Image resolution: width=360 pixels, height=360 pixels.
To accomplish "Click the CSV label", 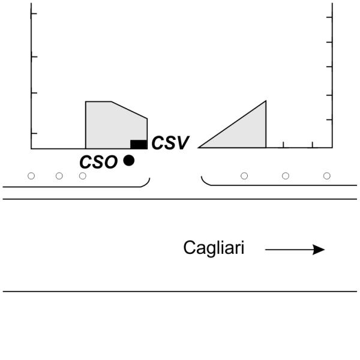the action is click(170, 143).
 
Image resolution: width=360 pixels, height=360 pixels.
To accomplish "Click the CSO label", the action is click(98, 161).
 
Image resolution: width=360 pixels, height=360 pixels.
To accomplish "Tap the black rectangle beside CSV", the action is click(139, 144).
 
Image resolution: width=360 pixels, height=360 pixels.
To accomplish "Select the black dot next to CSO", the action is click(128, 160).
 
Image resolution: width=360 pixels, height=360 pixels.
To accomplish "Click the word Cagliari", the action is click(214, 248).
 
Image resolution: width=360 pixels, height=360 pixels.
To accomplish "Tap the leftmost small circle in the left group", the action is click(31, 176).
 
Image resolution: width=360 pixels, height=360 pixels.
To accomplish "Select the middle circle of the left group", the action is click(59, 176).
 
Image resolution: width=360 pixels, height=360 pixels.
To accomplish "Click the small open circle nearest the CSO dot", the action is click(83, 176).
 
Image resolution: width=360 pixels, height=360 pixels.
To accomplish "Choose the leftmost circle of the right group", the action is click(244, 176).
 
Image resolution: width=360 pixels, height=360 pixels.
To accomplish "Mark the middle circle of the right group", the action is click(286, 176).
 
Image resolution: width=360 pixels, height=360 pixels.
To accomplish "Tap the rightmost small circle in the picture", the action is click(327, 176).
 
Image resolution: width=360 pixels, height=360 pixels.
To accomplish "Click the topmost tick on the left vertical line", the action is click(34, 13).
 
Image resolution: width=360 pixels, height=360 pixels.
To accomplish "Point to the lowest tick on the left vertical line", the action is click(34, 133).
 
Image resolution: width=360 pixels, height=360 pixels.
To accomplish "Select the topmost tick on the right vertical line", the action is click(329, 16).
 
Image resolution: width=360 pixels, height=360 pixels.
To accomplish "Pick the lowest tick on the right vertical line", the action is click(329, 120).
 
